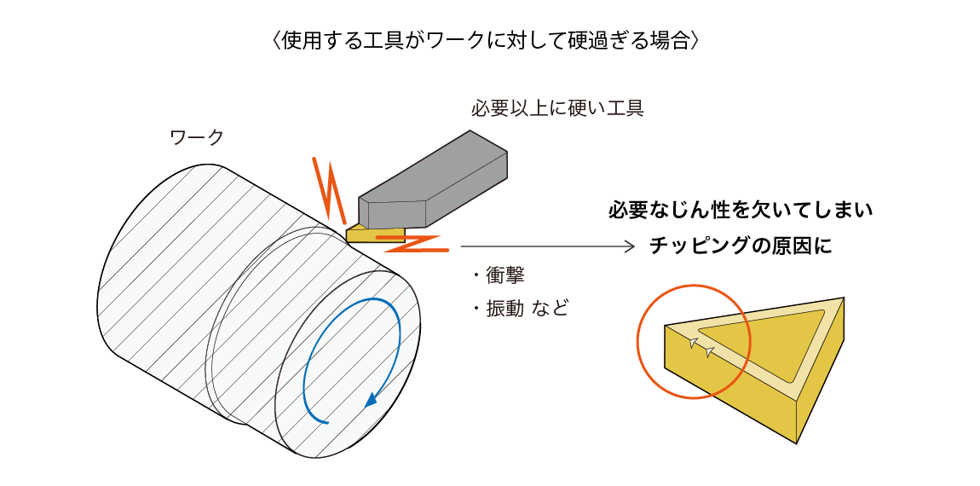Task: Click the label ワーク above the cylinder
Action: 197,136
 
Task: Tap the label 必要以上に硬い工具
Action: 556,108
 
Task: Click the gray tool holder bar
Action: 435,183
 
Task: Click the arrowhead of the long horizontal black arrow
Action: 630,246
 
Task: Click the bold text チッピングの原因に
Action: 740,246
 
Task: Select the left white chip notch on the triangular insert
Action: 693,343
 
